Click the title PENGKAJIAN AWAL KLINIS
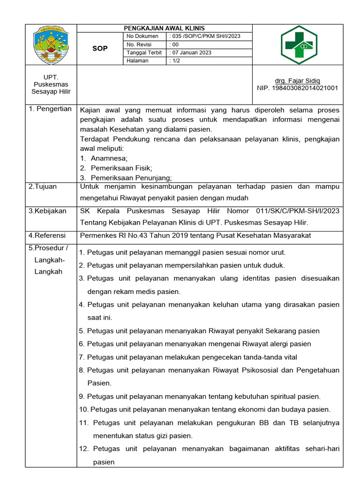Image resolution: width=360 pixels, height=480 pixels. click(164, 28)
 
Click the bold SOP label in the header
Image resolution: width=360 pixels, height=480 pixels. click(99, 49)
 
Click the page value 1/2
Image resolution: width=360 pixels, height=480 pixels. click(174, 60)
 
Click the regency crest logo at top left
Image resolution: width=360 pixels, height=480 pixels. click(51, 45)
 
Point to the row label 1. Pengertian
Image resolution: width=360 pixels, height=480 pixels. click(50, 109)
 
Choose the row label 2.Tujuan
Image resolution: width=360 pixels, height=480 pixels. click(43, 186)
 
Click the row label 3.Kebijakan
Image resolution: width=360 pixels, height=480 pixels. click(47, 211)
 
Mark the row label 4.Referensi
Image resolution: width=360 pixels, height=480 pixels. click(47, 235)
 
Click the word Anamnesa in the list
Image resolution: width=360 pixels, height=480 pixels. click(109, 158)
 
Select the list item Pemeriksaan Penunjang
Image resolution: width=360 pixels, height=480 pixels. click(131, 177)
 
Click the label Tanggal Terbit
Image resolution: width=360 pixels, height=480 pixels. click(142, 52)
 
